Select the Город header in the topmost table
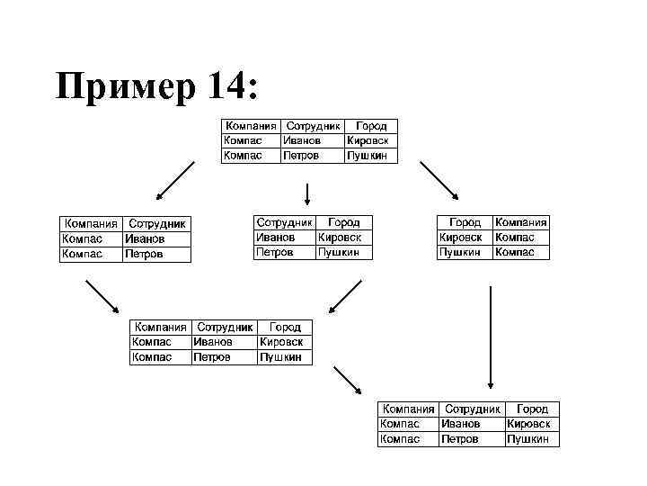[x=372, y=126]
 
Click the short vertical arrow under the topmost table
[x=308, y=193]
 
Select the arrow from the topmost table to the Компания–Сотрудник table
[x=175, y=179]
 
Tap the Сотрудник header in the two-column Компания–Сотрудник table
[x=157, y=223]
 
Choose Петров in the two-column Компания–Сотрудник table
[x=144, y=254]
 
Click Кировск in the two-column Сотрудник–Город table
[x=340, y=237]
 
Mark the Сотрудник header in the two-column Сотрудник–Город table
[x=285, y=221]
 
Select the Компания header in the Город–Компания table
[x=521, y=221]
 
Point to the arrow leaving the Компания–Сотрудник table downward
[x=102, y=296]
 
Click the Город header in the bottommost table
[x=533, y=409]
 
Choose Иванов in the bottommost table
[x=460, y=423]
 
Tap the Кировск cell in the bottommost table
[x=529, y=423]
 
